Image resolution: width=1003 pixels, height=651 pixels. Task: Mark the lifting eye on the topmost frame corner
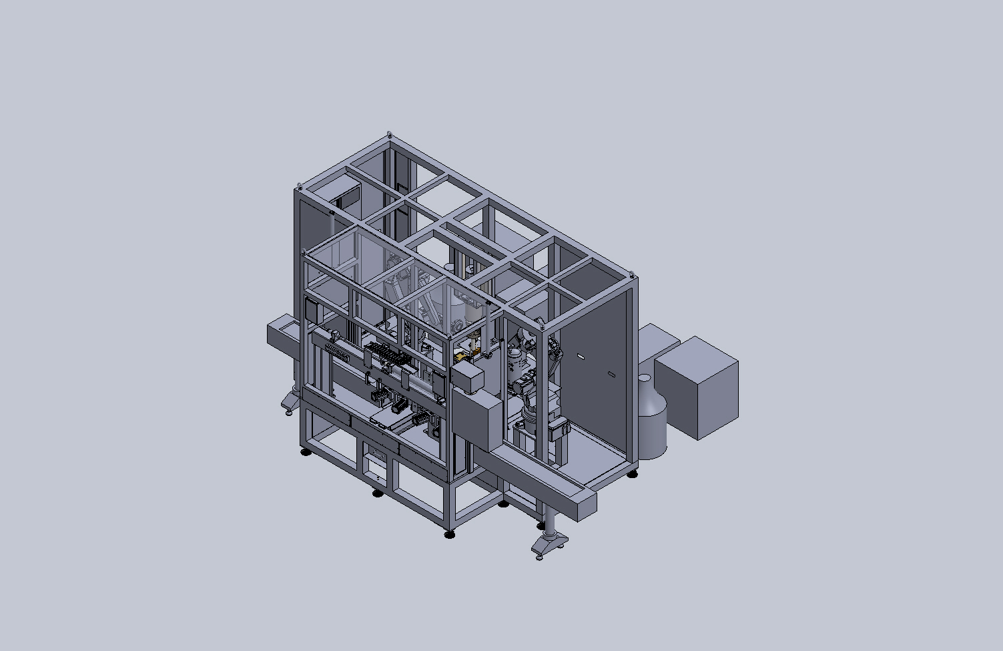390,136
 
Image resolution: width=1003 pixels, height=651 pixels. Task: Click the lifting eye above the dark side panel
632,274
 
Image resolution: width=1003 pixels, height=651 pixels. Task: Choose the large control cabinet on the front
475,423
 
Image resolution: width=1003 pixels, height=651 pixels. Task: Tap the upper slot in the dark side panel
581,357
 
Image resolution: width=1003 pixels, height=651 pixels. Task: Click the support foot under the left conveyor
290,404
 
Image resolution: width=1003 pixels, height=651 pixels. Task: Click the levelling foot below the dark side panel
633,473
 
